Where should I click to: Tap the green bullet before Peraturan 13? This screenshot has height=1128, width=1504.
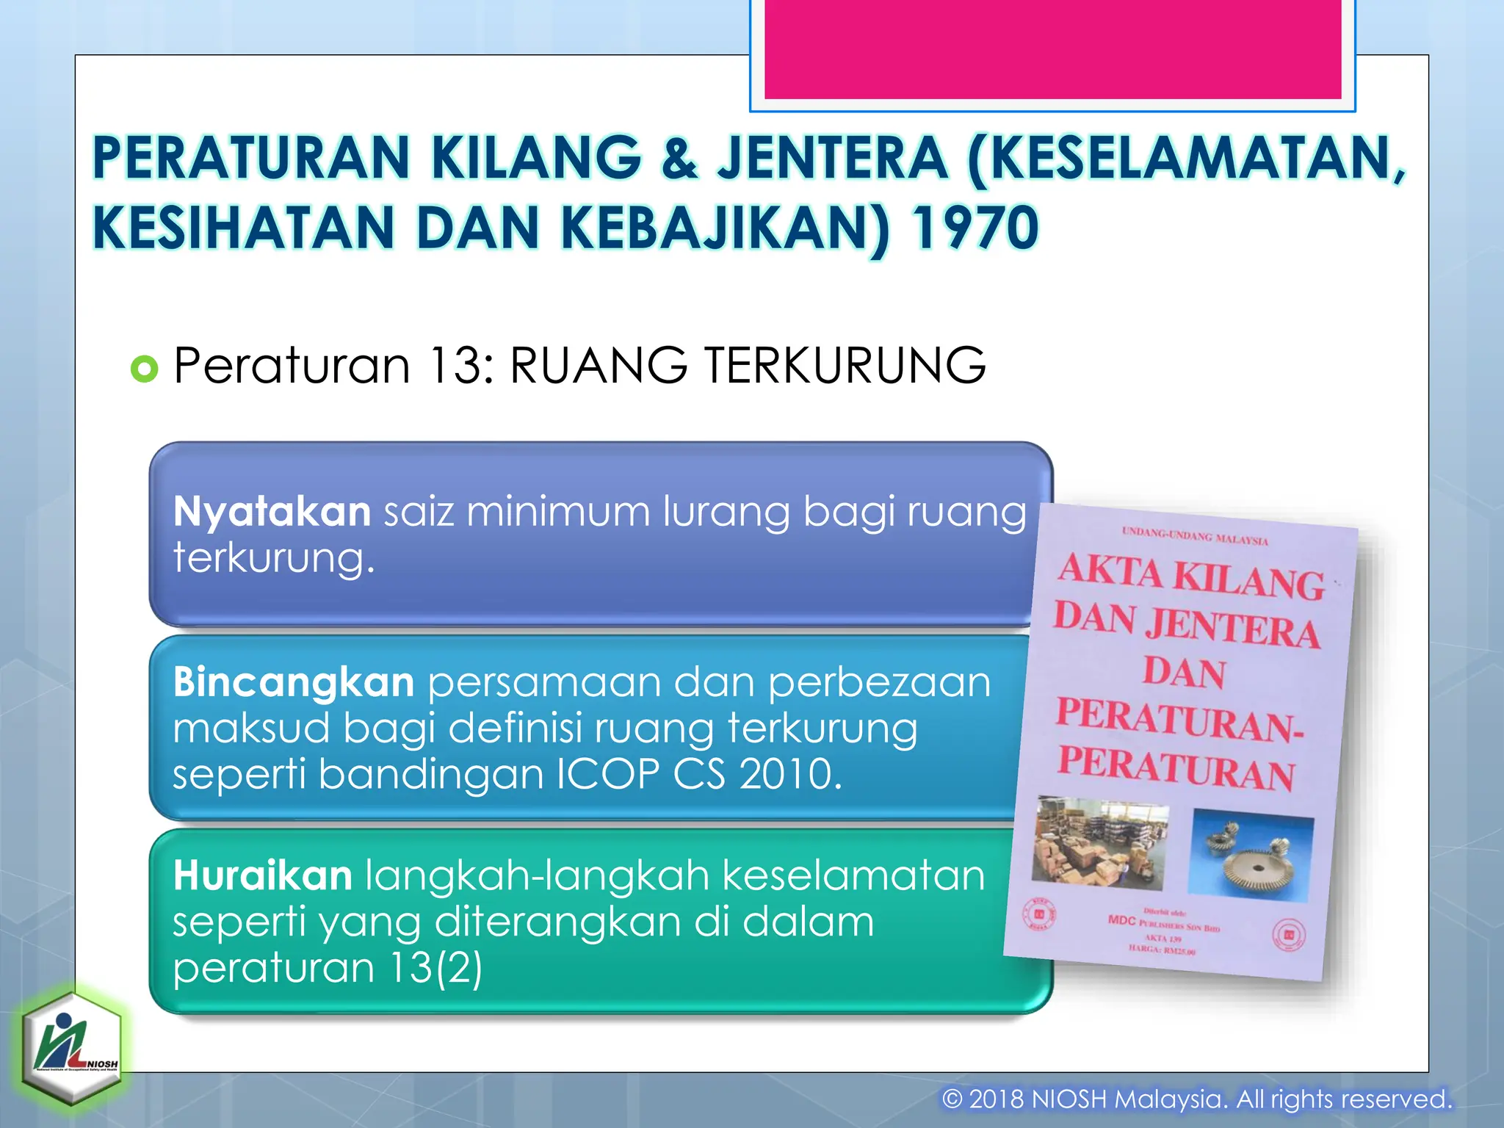pos(144,368)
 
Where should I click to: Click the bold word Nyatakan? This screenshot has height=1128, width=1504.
pos(272,511)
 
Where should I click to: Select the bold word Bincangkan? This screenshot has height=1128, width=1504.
pos(294,682)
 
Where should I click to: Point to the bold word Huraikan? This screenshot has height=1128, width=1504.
pos(263,875)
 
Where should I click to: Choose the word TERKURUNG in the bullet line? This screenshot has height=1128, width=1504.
pos(845,366)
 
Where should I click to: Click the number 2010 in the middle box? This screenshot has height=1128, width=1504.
pos(790,774)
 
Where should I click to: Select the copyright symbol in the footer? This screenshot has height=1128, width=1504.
pos(952,1099)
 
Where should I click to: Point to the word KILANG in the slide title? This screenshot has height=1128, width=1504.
pos(535,158)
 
